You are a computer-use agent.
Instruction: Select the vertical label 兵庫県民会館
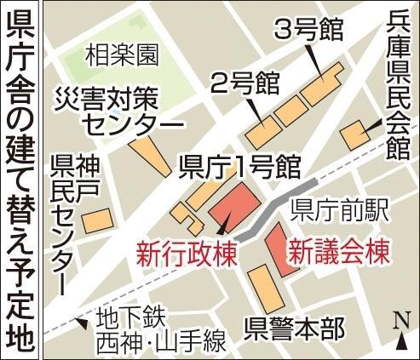[398, 85]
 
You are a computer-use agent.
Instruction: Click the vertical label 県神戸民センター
[64, 221]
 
